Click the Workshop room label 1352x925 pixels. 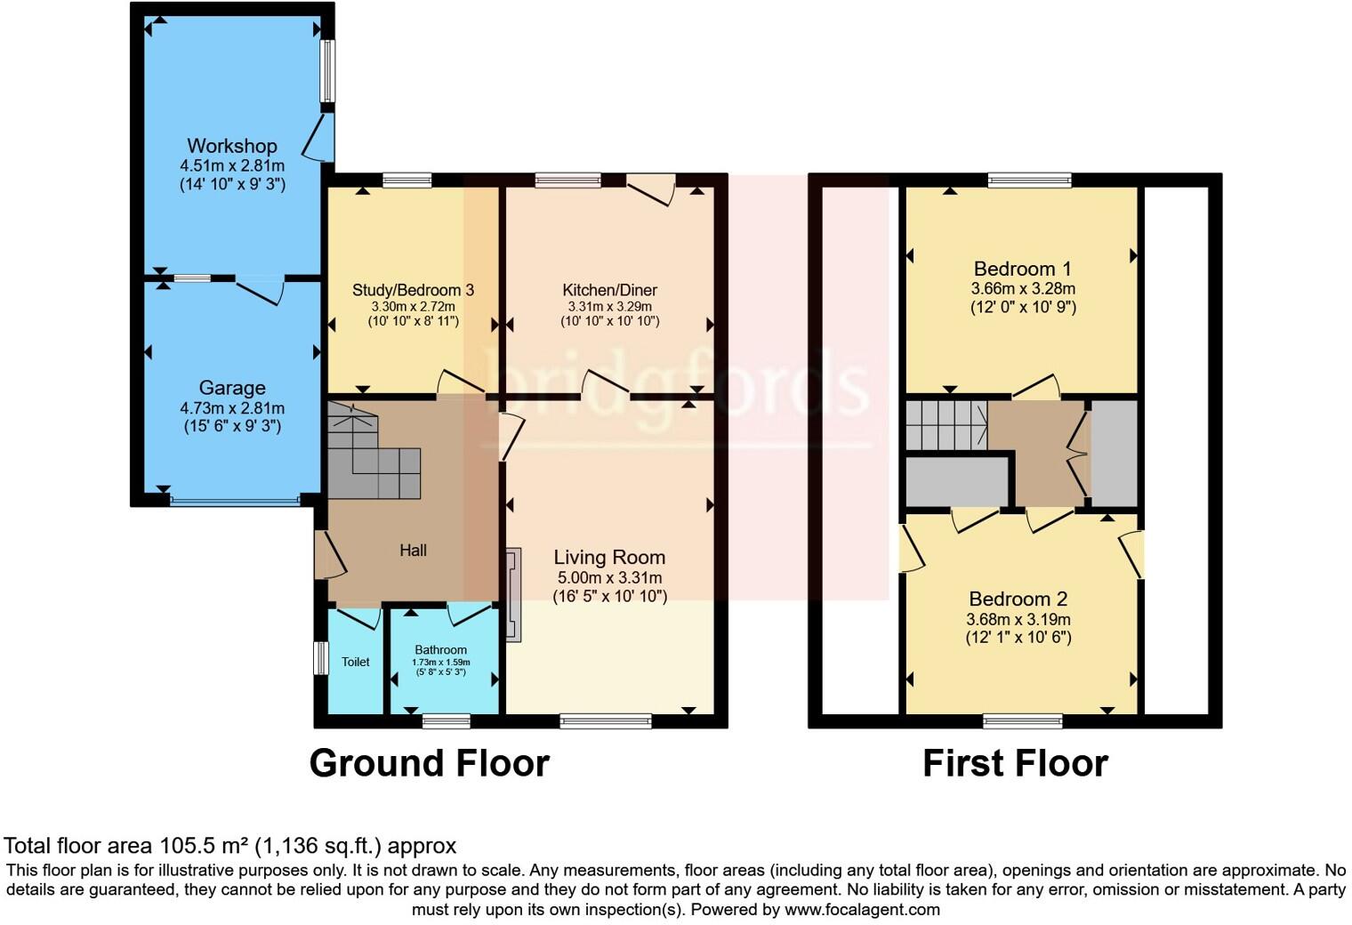[231, 146]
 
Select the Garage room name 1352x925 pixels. [231, 388]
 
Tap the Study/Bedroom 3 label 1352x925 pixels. [413, 290]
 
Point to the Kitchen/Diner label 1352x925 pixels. [609, 290]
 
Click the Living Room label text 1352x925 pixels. [609, 558]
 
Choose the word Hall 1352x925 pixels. [413, 551]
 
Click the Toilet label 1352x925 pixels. [356, 662]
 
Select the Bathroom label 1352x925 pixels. [440, 650]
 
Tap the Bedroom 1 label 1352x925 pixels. [1022, 269]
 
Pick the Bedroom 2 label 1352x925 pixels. [1018, 599]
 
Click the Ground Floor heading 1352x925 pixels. [429, 763]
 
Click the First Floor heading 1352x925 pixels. [1015, 763]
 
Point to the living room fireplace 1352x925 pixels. [513, 594]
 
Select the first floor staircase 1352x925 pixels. [946, 425]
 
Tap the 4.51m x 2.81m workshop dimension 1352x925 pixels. [231, 166]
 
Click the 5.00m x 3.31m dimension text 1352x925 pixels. [609, 578]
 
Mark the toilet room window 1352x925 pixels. [321, 659]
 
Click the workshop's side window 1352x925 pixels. [327, 71]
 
